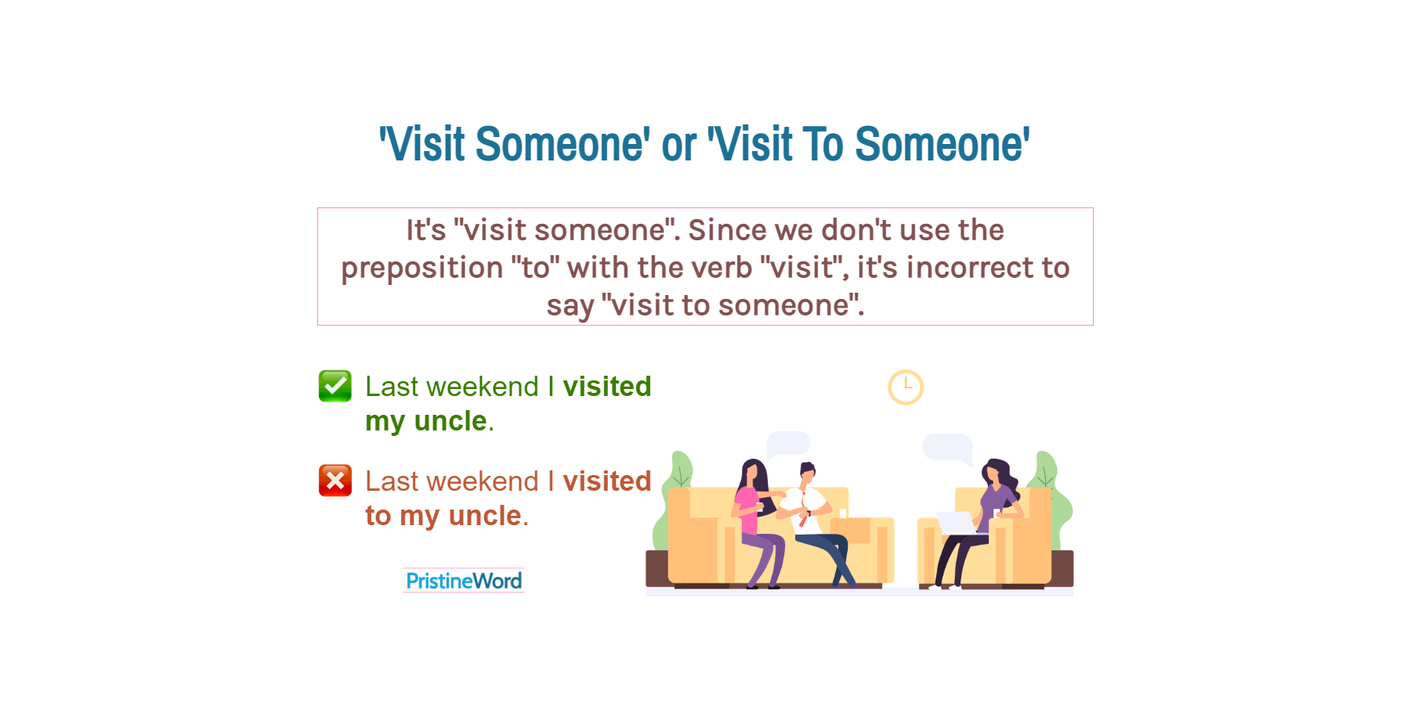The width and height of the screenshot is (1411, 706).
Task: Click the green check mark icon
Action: tap(335, 386)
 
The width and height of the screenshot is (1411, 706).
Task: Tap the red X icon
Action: tap(335, 481)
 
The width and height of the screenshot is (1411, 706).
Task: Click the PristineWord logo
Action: tap(464, 581)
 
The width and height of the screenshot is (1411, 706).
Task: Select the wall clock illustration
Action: tap(905, 387)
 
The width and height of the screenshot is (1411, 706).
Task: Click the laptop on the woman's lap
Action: tap(957, 523)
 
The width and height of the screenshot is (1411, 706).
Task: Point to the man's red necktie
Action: tap(804, 512)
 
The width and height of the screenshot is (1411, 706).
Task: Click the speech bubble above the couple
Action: tap(787, 443)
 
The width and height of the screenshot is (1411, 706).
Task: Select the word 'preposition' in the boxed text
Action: tap(421, 268)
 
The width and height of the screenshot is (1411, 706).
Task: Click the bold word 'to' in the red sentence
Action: tap(378, 516)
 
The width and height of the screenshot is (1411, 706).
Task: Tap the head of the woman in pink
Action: tap(753, 472)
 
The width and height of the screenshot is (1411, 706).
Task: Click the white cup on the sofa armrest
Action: tap(843, 513)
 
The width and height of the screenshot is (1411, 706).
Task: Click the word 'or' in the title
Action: tap(678, 146)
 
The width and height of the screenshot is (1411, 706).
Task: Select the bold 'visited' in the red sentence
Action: tap(606, 481)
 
